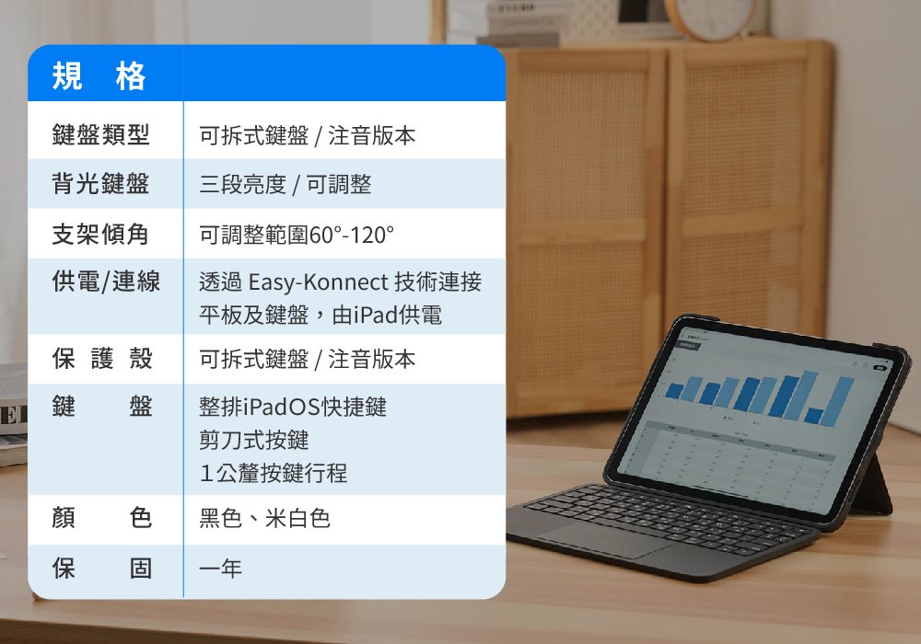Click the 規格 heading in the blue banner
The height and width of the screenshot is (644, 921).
[99, 76]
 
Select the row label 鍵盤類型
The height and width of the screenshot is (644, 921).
[100, 134]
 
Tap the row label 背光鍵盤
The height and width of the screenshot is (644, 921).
[100, 184]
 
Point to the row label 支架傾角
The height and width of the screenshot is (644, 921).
[100, 234]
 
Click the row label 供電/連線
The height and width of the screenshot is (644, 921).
[106, 281]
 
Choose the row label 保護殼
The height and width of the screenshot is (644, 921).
[102, 359]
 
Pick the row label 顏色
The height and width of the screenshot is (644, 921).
[102, 518]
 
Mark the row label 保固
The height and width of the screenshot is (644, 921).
[102, 568]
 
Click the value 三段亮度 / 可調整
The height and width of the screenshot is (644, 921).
[285, 184]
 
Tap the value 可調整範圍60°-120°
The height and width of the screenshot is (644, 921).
[296, 235]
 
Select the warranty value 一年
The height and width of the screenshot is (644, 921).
[220, 569]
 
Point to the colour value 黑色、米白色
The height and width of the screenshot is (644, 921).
[264, 519]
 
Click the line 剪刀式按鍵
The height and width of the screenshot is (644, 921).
[254, 440]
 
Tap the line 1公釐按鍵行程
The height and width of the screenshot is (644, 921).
[274, 473]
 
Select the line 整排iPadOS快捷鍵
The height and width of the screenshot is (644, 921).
[293, 407]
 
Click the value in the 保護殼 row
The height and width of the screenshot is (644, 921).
[307, 359]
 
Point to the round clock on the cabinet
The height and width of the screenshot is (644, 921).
[712, 17]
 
